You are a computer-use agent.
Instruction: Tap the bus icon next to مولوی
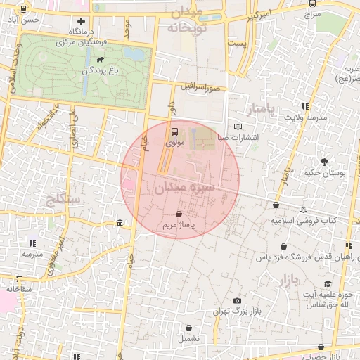(174, 131)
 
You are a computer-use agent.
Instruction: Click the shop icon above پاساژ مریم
(178, 214)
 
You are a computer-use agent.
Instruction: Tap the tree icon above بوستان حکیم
(324, 162)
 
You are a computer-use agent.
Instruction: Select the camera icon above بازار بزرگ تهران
(237, 301)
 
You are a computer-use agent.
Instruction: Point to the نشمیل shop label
(188, 338)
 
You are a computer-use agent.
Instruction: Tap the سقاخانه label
(20, 289)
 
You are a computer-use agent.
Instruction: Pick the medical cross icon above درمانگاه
(82, 21)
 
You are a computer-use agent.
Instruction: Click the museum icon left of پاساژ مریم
(120, 224)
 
